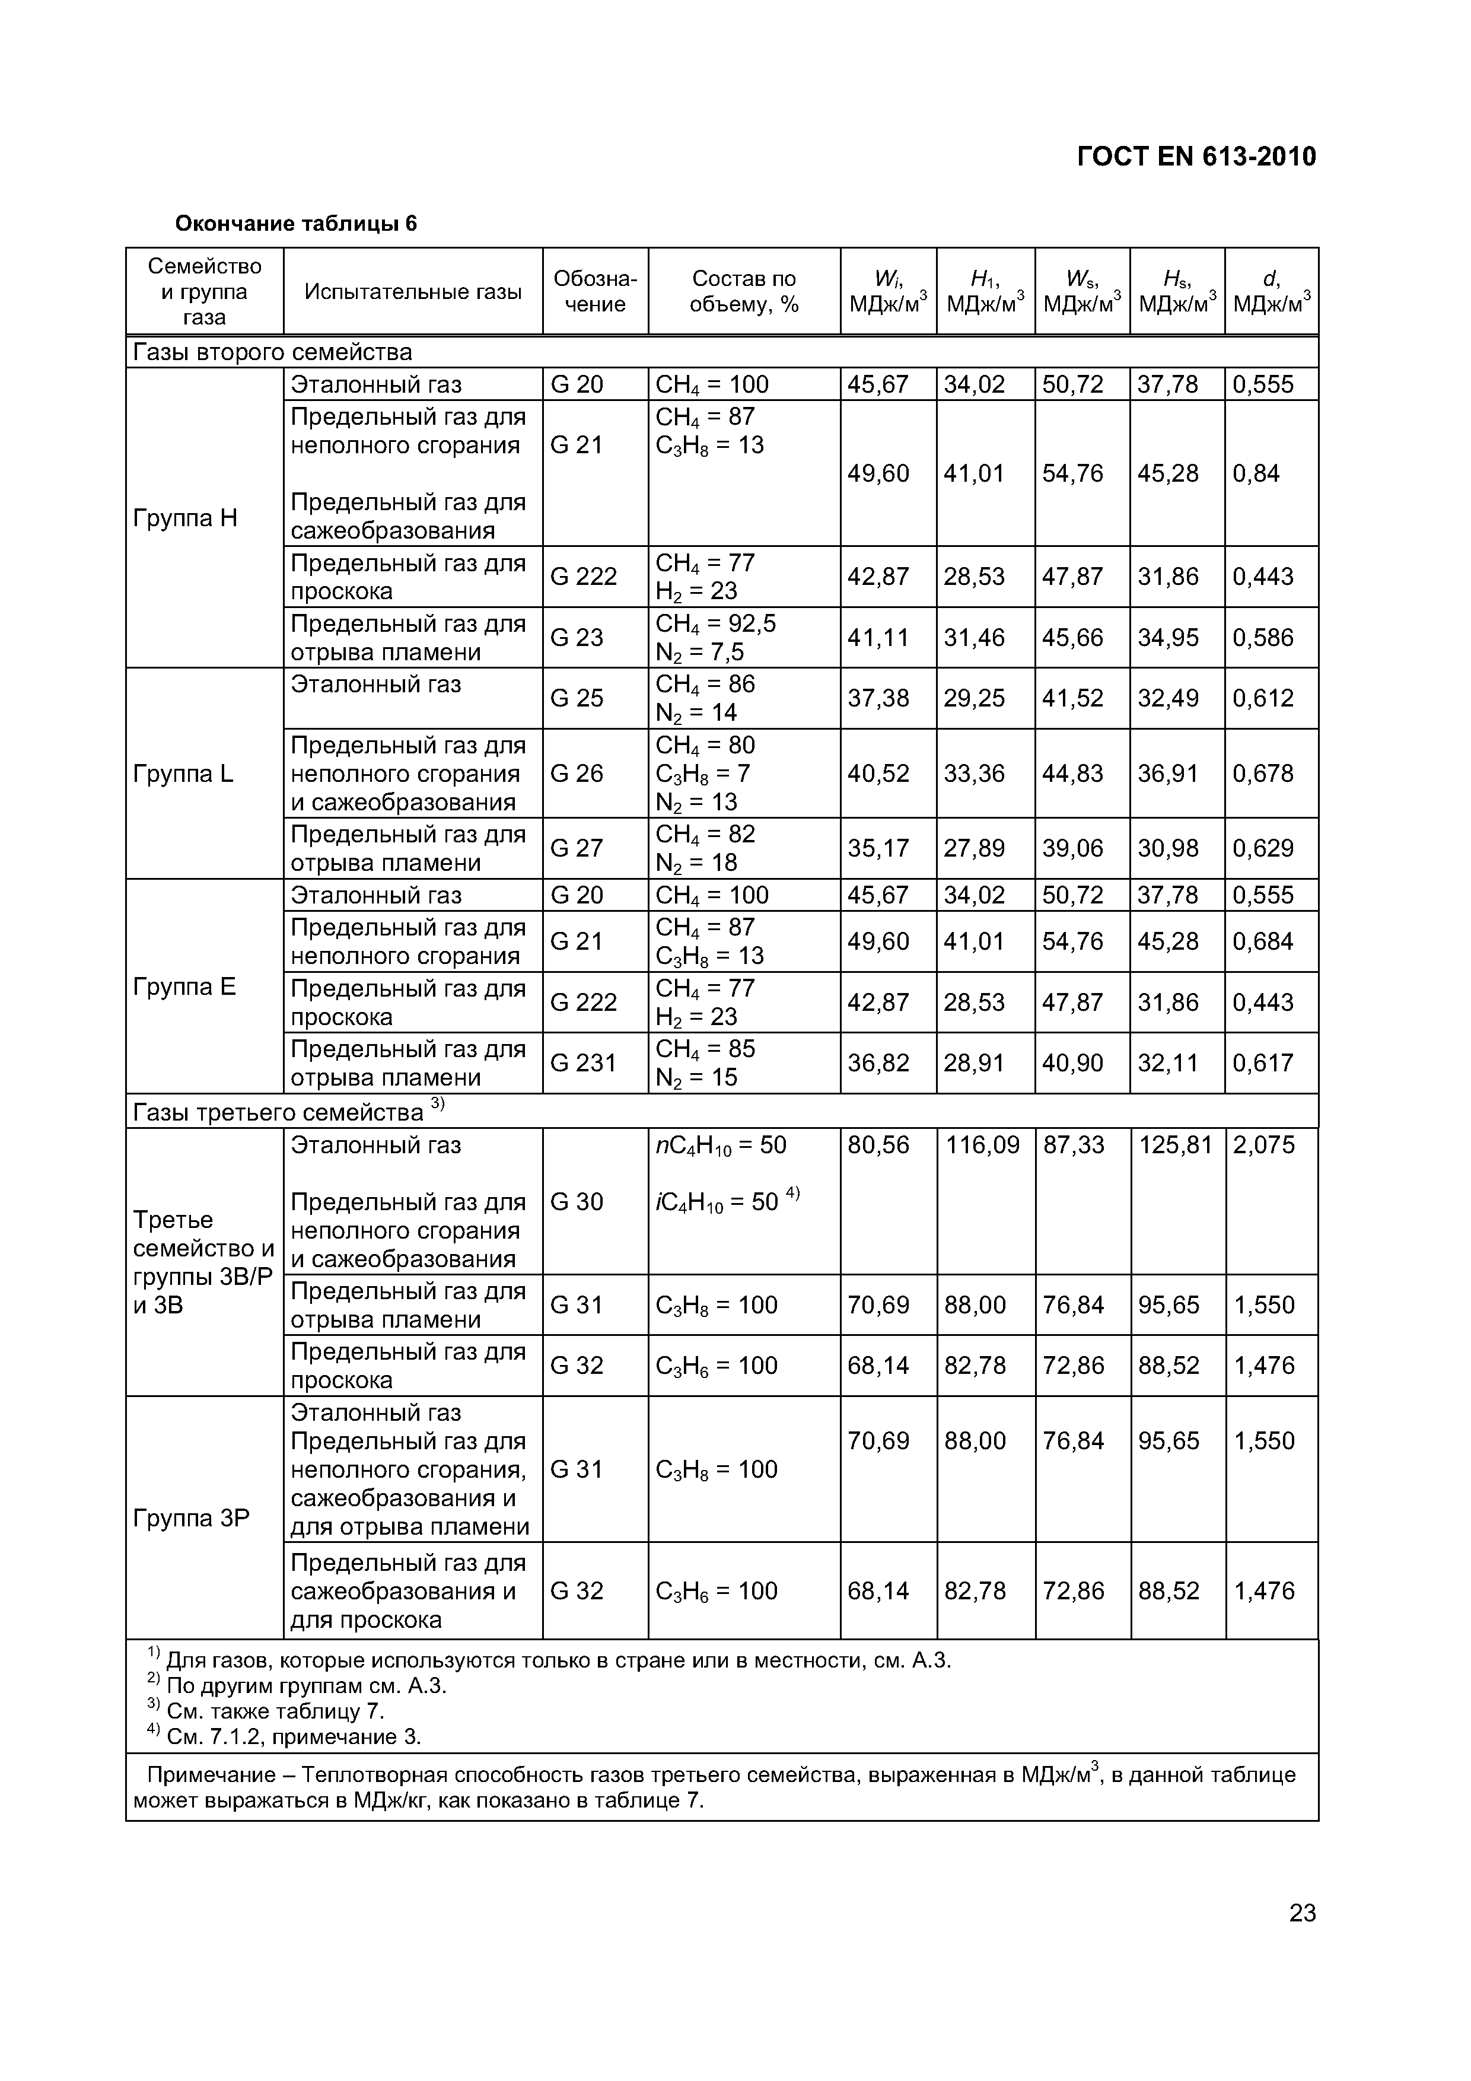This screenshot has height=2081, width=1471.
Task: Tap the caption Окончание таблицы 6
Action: pos(295,223)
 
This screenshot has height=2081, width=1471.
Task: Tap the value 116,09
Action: pos(982,1145)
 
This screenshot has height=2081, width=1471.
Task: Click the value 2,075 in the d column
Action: pos(1263,1145)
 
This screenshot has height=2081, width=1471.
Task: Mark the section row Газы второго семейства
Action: pos(272,352)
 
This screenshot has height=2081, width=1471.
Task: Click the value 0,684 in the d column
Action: pos(1263,941)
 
